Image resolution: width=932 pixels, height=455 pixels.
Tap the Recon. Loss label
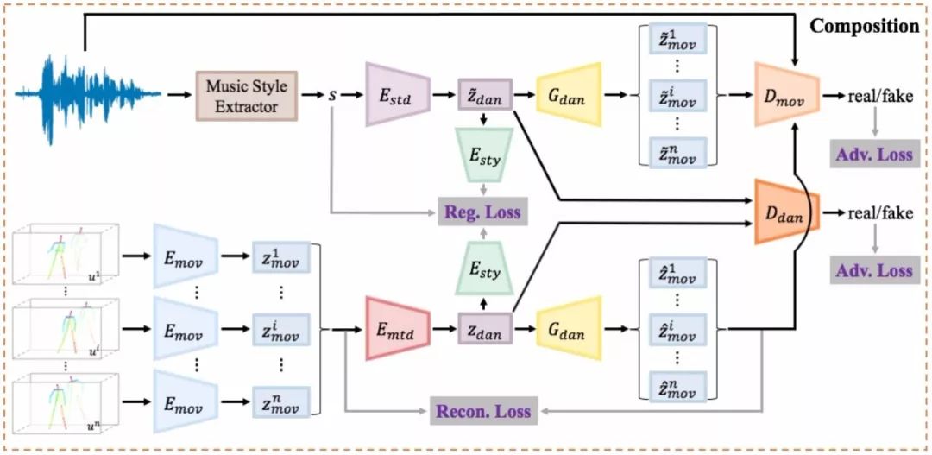(482, 409)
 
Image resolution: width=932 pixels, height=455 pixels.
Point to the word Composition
(864, 26)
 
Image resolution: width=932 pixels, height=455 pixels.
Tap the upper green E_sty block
(484, 155)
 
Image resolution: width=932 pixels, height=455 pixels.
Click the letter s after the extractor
(332, 95)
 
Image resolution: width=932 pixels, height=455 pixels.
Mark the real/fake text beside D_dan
(878, 212)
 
